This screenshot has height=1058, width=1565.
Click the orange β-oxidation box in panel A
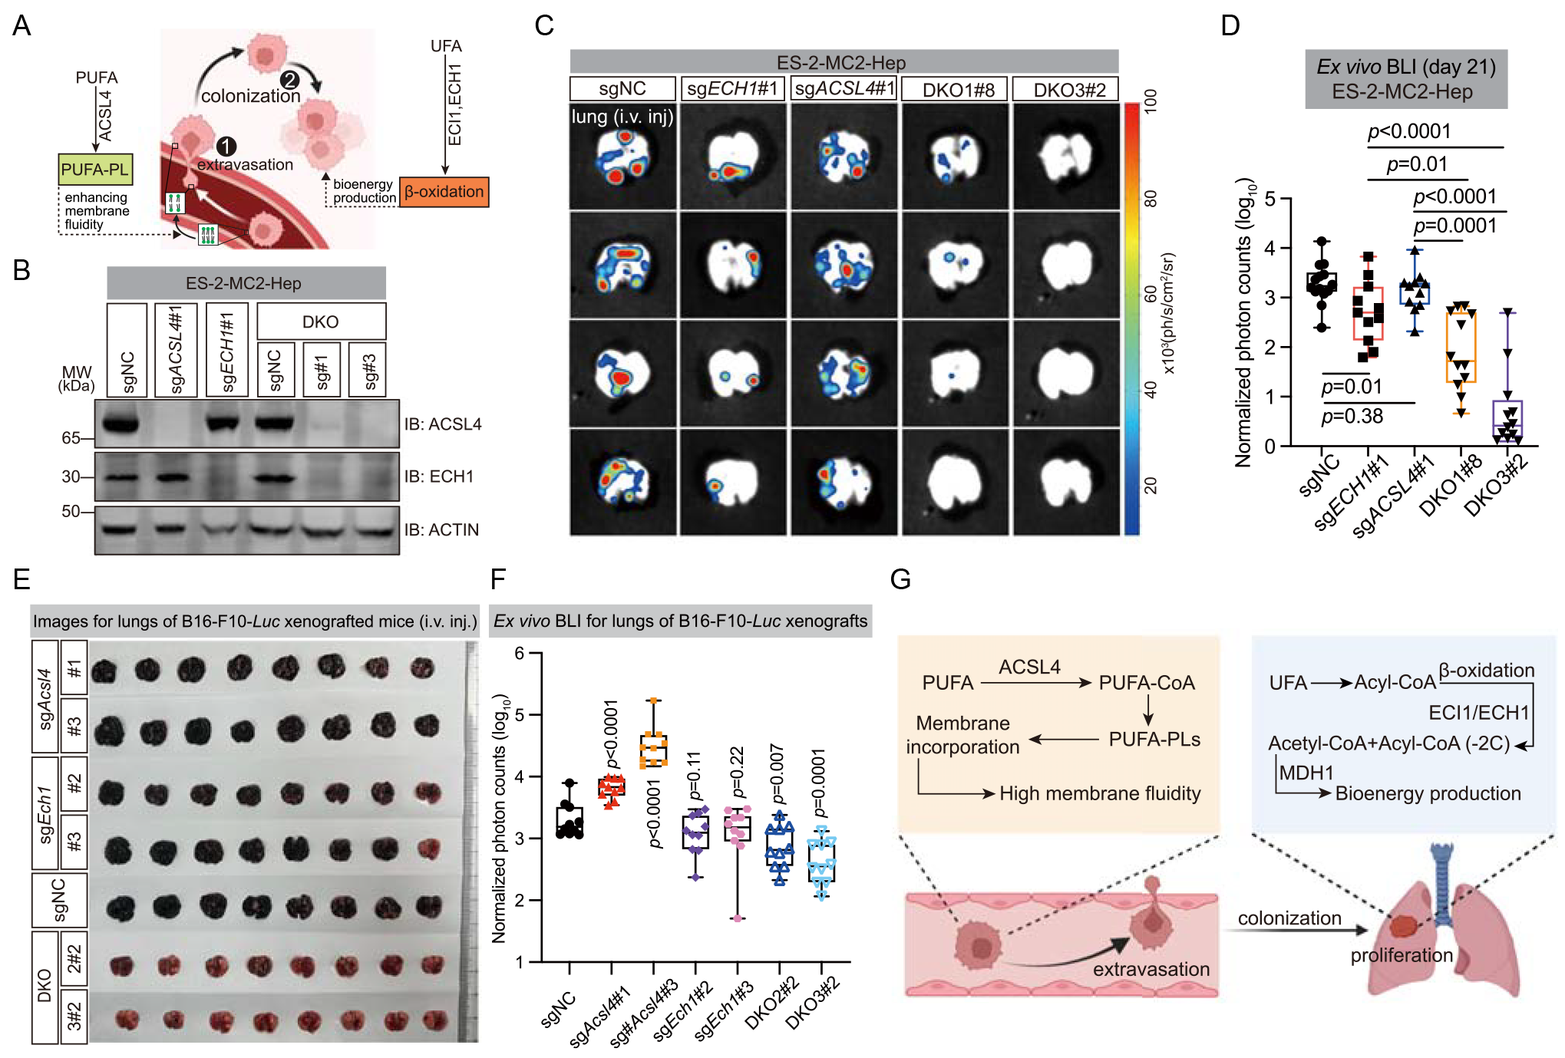(x=444, y=192)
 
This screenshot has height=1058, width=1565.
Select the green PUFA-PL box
(x=96, y=170)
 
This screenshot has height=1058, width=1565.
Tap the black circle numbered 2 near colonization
(x=289, y=80)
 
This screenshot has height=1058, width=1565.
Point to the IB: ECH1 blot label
(x=439, y=476)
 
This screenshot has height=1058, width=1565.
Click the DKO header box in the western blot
(x=321, y=321)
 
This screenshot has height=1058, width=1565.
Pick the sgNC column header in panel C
(x=622, y=88)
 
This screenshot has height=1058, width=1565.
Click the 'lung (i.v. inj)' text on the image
(x=622, y=117)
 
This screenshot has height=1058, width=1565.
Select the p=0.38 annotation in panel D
(x=1352, y=417)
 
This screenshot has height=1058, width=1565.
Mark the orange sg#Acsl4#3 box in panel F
(x=653, y=750)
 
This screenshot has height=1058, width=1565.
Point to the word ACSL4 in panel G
(x=1029, y=667)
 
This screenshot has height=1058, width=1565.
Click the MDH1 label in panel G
(x=1306, y=773)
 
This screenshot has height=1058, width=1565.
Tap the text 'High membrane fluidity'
(x=1100, y=793)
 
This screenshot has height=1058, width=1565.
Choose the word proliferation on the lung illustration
(x=1402, y=955)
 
